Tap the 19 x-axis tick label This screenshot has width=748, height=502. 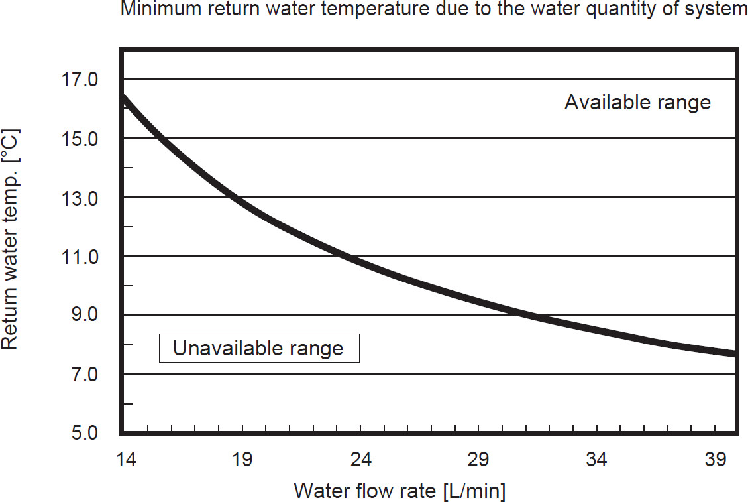pos(241,460)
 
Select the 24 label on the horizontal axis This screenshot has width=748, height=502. pos(360,460)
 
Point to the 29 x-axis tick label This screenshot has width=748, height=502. pos(478,460)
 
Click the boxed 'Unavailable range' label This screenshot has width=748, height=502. pos(258,348)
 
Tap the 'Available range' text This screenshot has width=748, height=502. pos(637,103)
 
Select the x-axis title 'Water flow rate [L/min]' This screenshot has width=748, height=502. pos(400,491)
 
